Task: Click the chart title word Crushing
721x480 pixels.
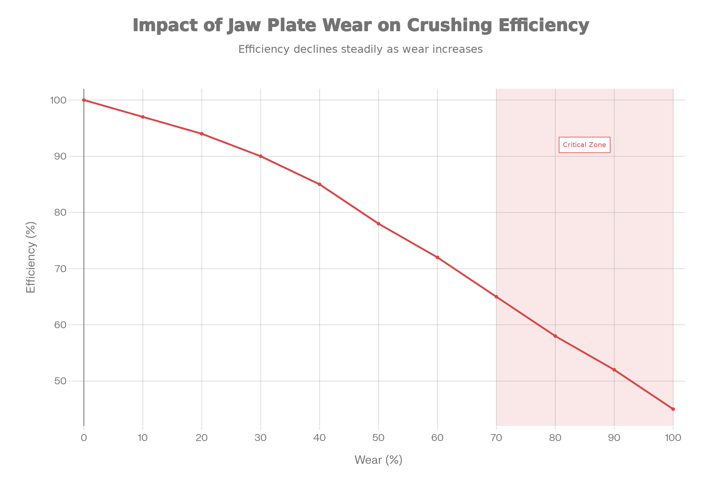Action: (449, 25)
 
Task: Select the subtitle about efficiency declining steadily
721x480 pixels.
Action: (360, 49)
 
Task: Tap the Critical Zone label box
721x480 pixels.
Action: (584, 145)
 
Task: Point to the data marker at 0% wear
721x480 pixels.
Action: (84, 100)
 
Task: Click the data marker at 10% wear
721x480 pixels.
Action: (143, 117)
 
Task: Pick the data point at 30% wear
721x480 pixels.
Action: (260, 156)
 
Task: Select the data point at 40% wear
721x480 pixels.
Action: (319, 184)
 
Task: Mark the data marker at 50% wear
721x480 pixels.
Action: (379, 224)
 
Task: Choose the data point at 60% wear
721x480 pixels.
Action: (437, 257)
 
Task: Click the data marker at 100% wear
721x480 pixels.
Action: (673, 409)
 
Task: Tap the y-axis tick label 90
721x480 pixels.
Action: (60, 156)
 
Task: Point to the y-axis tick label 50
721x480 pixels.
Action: (60, 381)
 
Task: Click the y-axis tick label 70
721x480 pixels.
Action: (60, 269)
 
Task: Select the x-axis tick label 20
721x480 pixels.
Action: (202, 438)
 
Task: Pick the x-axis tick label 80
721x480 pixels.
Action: (555, 438)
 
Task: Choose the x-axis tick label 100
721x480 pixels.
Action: (673, 438)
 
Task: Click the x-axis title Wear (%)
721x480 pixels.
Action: (378, 460)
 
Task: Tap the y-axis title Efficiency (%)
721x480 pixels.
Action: (31, 257)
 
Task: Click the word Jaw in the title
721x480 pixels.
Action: (244, 25)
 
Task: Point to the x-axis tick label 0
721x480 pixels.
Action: (84, 438)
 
